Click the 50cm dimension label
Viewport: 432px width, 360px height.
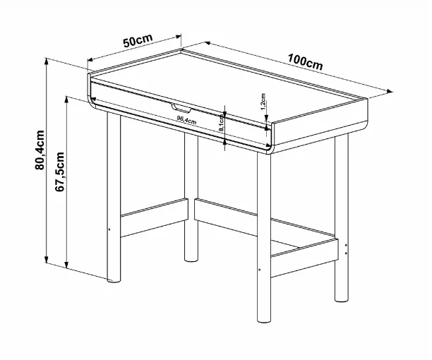point(138,40)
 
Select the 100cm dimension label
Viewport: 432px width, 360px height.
point(305,62)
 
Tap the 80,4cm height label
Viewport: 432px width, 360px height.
point(40,150)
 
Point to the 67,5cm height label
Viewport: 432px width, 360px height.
point(59,172)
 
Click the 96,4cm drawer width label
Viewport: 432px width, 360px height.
point(186,120)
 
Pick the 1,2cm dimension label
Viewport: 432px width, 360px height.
point(263,102)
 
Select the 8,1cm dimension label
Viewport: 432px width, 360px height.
point(221,123)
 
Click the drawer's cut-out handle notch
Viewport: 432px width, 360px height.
point(181,108)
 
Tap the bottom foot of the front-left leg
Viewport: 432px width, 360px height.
point(114,280)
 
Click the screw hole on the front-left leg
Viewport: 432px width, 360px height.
point(109,229)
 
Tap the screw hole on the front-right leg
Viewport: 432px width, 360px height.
point(260,270)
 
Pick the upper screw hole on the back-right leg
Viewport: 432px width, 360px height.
point(347,245)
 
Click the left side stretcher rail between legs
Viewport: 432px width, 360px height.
point(155,217)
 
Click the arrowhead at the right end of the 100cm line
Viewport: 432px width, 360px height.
point(390,91)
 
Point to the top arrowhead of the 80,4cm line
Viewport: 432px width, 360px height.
point(47,61)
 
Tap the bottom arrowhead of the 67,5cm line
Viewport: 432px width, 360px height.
point(66,265)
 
